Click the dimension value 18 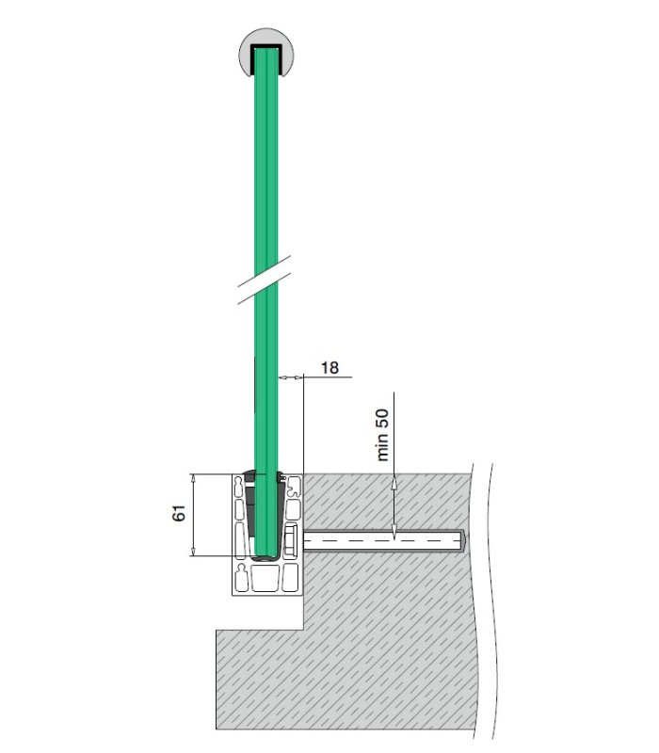tap(329, 368)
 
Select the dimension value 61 tap(179, 513)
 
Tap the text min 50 tap(382, 435)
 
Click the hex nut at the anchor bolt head tap(290, 541)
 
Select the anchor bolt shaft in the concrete tap(383, 540)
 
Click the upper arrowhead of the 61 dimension tap(193, 478)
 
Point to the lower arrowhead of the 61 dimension tap(193, 552)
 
